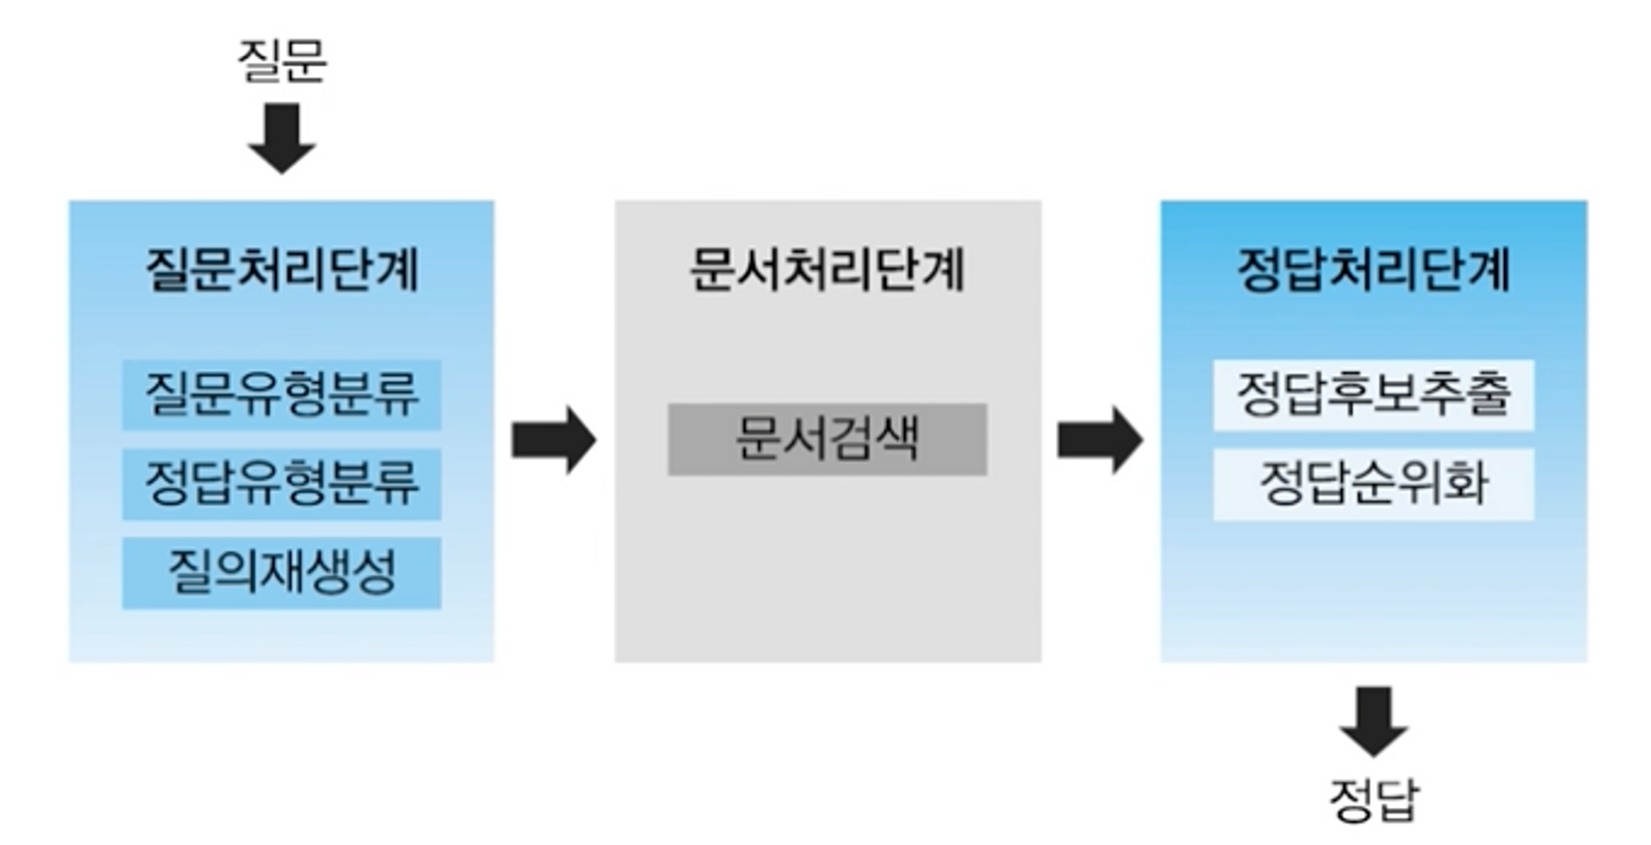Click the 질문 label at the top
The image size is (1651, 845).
(281, 60)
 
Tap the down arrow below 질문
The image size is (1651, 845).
(281, 137)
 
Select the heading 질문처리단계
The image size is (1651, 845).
(281, 269)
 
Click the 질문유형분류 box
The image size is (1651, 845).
(281, 394)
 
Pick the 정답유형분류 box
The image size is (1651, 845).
(281, 484)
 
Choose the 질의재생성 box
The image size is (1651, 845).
(281, 573)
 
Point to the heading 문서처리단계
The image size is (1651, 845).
(827, 269)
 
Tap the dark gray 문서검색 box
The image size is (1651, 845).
(827, 439)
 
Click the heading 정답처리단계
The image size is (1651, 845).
(1374, 269)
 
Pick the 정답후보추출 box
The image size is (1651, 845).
(1374, 394)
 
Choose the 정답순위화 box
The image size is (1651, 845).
(1374, 484)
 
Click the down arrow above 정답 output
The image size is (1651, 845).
(1374, 720)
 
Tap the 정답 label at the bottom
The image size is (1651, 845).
(1374, 799)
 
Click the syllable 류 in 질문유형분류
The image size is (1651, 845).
(396, 394)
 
